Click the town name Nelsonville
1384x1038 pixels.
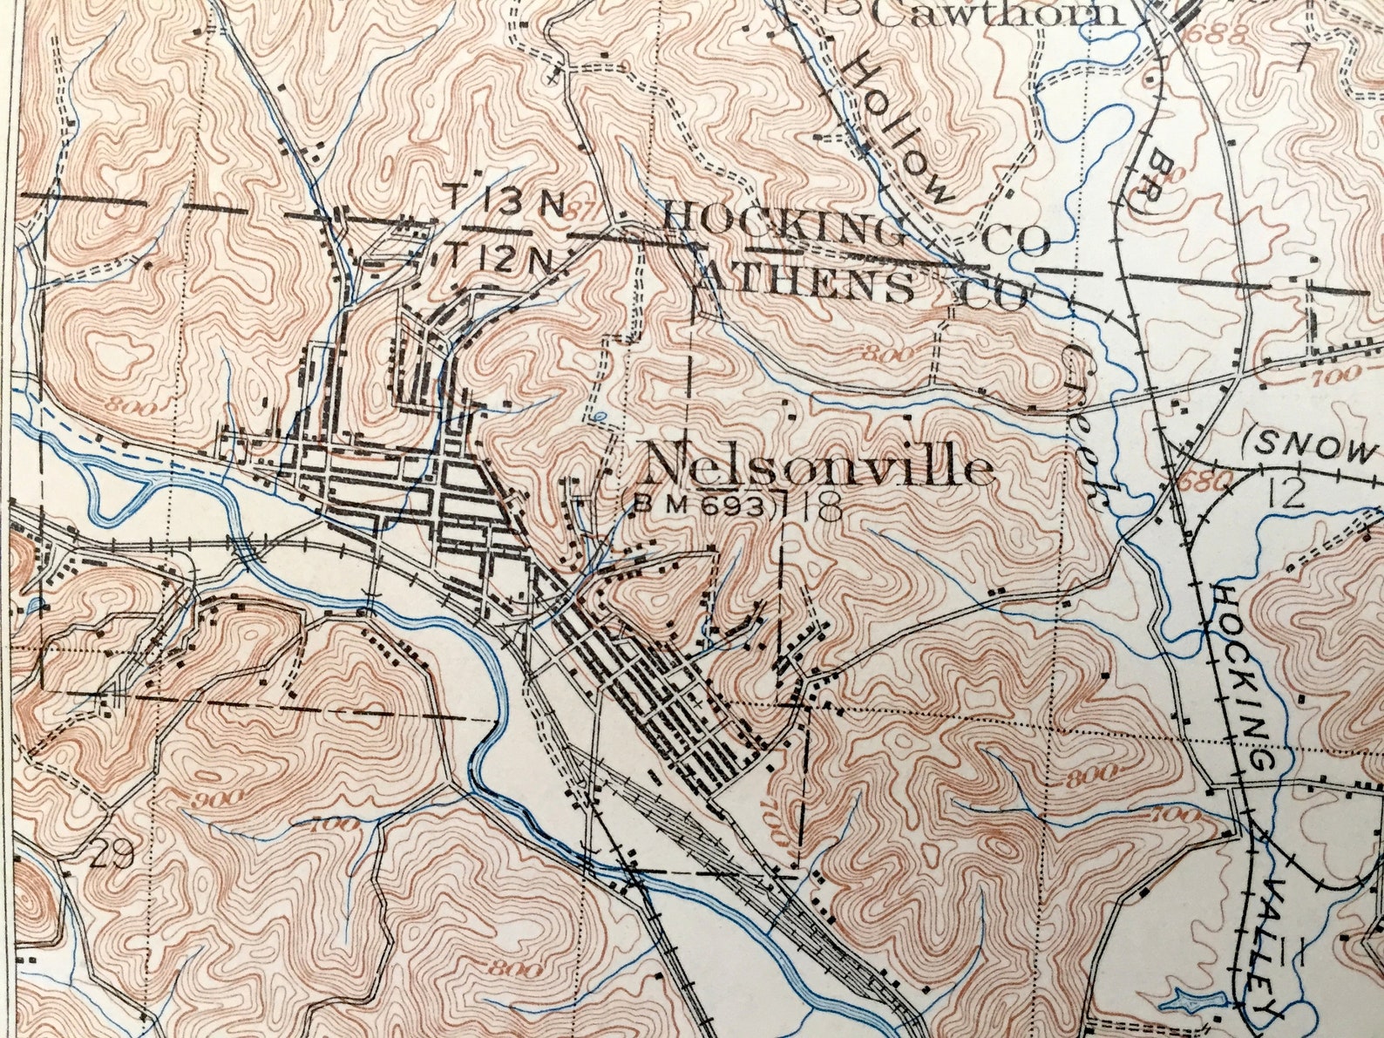819,466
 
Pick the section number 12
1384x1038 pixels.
1286,495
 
